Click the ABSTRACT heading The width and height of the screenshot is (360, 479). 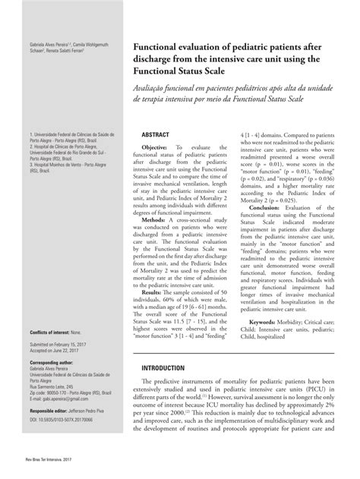click(155, 134)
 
